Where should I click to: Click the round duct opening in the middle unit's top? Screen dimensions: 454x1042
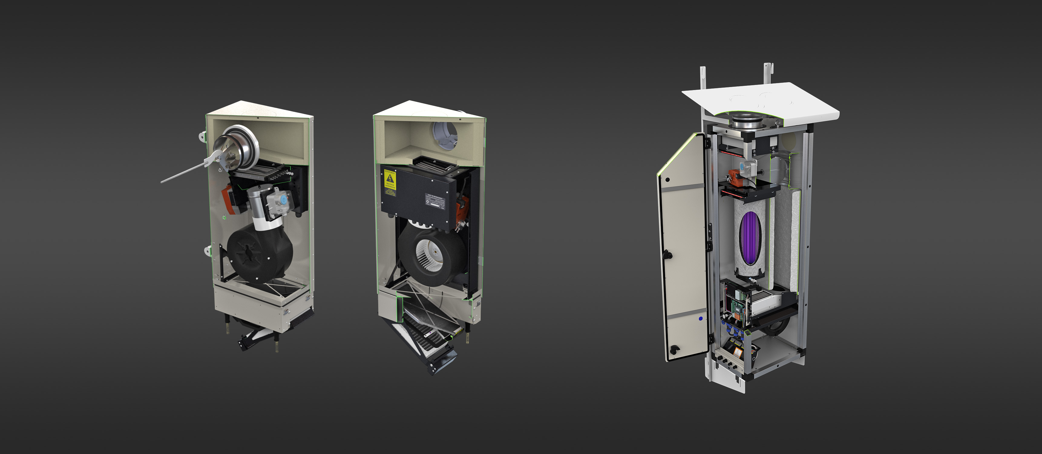[445, 135]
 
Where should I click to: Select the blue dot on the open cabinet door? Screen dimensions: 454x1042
[701, 319]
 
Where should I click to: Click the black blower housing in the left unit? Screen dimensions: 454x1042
[259, 252]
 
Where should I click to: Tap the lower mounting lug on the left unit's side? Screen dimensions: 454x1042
[208, 249]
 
